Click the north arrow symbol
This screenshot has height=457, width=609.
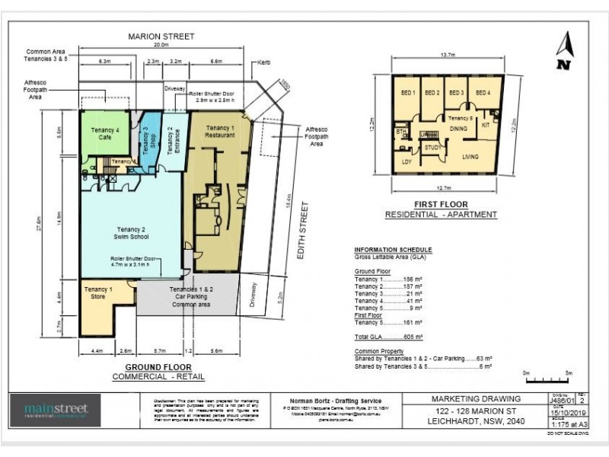[x=563, y=52]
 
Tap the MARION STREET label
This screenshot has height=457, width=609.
[x=161, y=37]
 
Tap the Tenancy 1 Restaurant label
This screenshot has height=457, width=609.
[x=219, y=131]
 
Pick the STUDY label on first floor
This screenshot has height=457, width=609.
[x=432, y=147]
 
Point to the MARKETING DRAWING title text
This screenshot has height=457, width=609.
[x=477, y=398]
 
